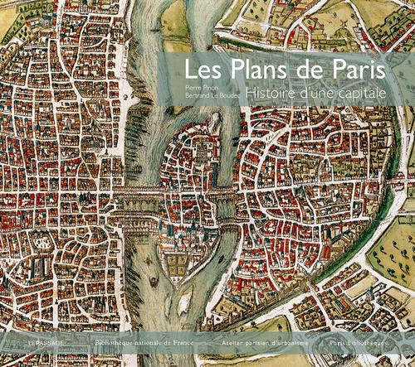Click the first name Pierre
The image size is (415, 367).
[194, 86]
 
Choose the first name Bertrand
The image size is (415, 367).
[200, 97]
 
